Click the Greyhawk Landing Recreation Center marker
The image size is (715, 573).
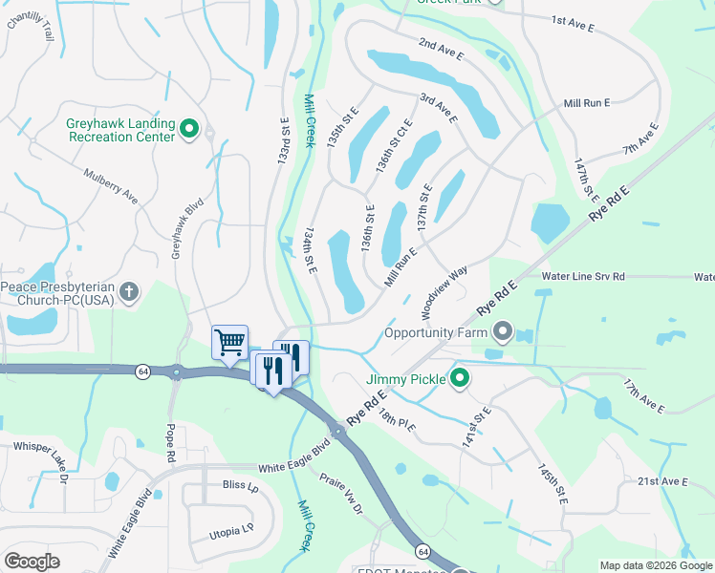coord(189,129)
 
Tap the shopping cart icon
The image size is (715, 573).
coord(229,342)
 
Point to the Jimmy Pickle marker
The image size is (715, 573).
coord(459,379)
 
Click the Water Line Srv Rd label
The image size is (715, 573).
coord(582,276)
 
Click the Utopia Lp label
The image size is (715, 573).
coord(232,527)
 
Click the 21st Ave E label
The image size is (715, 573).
coord(662,481)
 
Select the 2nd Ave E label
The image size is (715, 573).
coord(441,51)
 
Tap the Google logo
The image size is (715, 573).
coord(32,561)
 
